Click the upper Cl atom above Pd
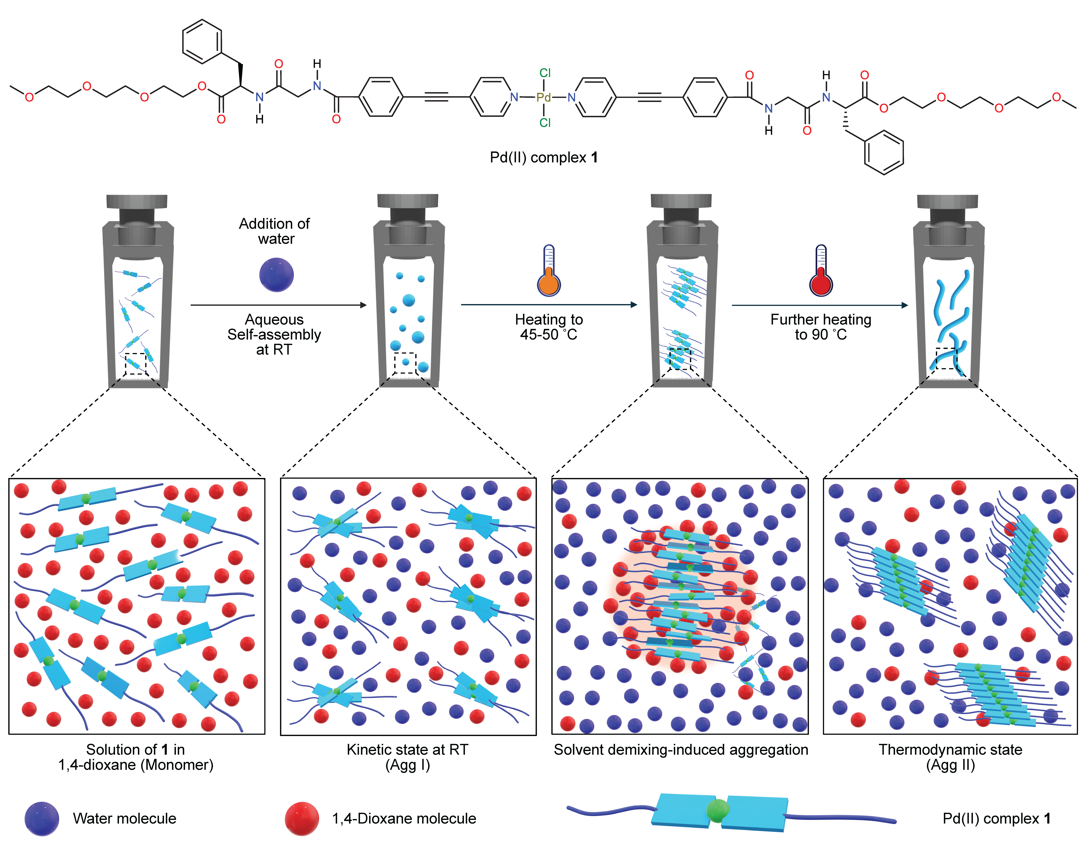point(545,73)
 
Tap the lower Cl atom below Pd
point(545,122)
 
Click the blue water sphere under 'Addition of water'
point(276,274)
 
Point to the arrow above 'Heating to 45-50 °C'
point(549,304)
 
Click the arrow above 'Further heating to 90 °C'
point(820,305)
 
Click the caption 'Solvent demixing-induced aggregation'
point(681,750)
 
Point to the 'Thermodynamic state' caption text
point(950,750)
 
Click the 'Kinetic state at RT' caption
point(407,750)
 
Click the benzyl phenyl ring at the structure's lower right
point(884,152)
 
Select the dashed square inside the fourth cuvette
point(946,358)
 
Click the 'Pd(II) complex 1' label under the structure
point(543,157)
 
